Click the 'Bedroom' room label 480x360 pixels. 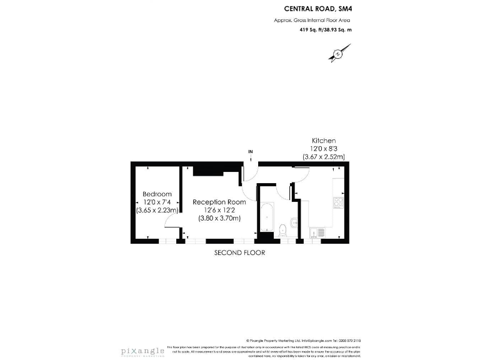pos(157,194)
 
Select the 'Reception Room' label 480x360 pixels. pos(219,202)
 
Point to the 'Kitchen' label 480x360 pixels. pos(324,141)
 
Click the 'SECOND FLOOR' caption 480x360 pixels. pos(239,253)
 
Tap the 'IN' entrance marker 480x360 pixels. pos(251,152)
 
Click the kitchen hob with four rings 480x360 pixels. pos(338,202)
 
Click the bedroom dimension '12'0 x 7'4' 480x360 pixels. pos(157,202)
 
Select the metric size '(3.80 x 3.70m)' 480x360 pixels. pos(219,219)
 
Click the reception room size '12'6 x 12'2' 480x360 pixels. pos(219,211)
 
